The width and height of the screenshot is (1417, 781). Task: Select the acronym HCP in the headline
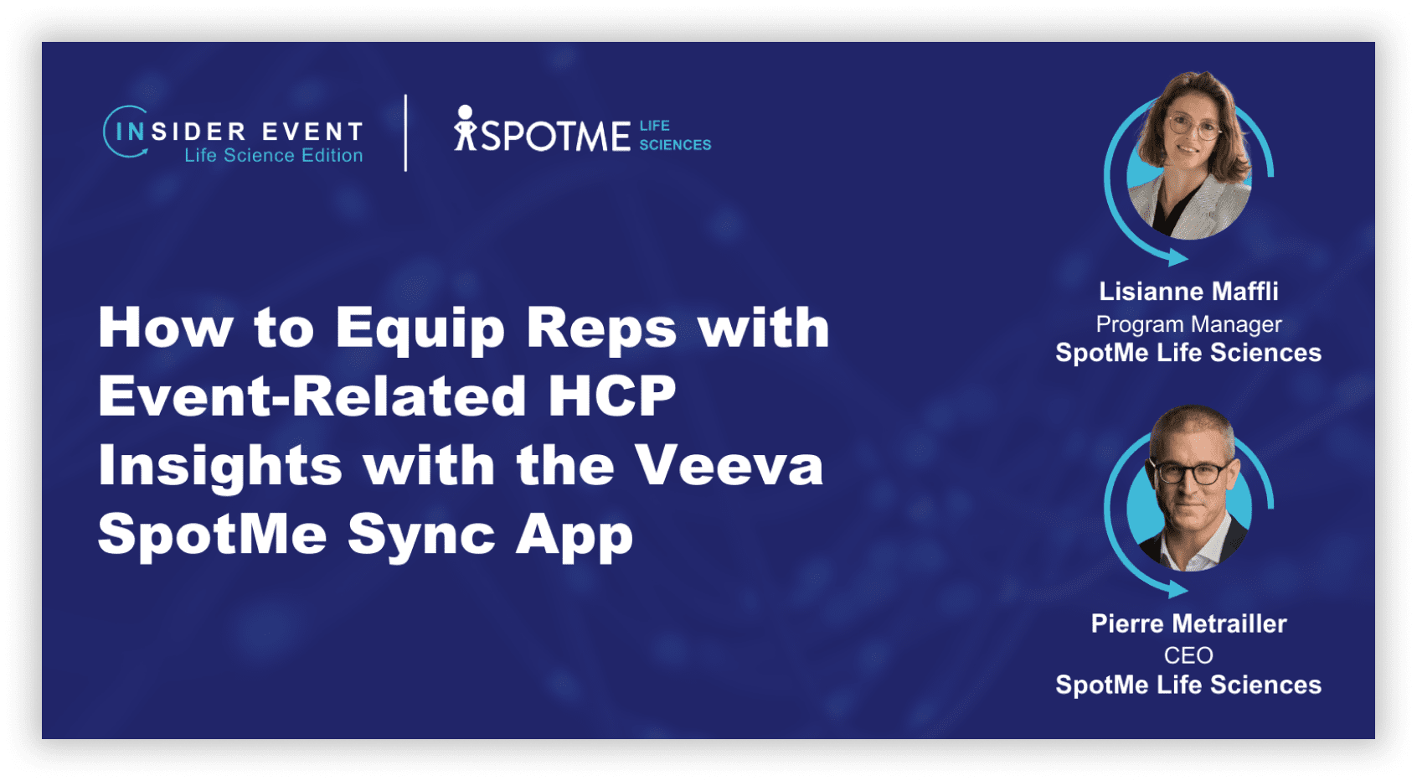pos(611,396)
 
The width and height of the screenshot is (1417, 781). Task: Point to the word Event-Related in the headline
pos(312,396)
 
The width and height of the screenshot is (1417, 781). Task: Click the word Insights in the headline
pos(220,467)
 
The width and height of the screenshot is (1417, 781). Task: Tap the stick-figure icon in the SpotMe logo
pos(466,128)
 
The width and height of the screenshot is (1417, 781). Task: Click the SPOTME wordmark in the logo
pos(556,135)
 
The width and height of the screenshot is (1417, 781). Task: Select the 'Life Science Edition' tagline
pos(273,155)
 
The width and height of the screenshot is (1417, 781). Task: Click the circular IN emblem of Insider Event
pos(126,132)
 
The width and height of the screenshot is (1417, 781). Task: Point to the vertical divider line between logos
pos(405,133)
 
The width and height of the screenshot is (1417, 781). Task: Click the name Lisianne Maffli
pos(1188,292)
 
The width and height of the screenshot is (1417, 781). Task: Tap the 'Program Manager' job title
pos(1188,324)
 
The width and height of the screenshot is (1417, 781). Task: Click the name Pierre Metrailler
pos(1188,624)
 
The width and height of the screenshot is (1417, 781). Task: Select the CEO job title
pos(1188,655)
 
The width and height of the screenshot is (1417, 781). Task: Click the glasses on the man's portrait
pos(1189,472)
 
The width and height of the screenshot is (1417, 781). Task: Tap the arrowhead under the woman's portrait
pos(1177,257)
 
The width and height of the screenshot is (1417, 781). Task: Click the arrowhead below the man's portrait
pos(1177,589)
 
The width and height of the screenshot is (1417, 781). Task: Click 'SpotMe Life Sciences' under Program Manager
pos(1188,353)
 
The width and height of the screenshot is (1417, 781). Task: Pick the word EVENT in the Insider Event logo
pos(312,132)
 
